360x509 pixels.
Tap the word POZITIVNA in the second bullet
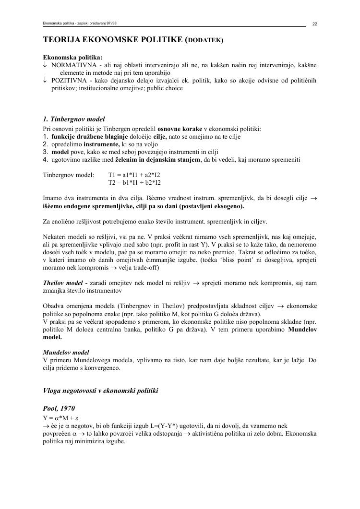point(68,80)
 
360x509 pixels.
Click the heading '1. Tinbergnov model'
point(74,119)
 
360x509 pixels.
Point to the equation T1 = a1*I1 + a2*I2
point(134,175)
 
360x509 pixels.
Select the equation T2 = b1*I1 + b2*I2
point(134,182)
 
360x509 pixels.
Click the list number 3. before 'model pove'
point(46,152)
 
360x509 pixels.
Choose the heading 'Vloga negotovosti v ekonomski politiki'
point(100,391)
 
